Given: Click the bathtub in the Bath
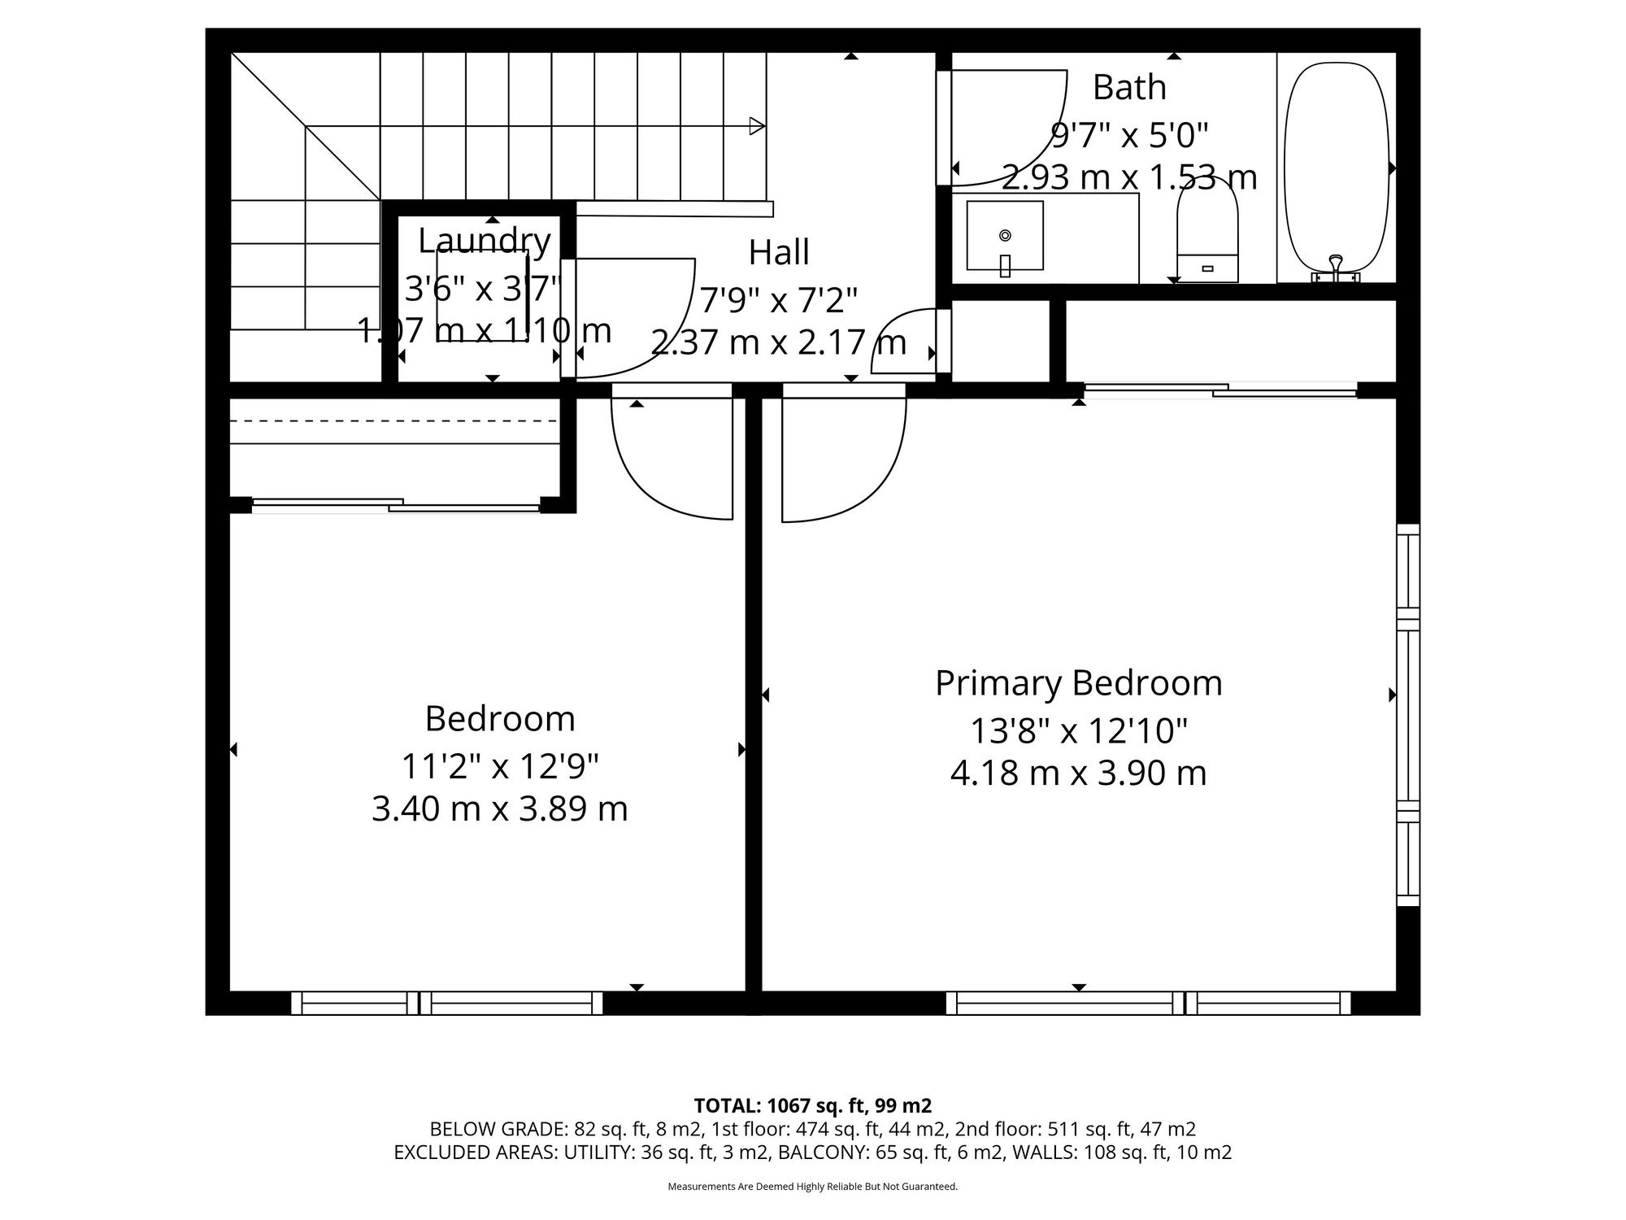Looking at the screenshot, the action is click(1337, 168).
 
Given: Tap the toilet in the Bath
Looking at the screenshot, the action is click(1207, 231).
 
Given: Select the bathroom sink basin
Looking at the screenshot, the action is click(1005, 236).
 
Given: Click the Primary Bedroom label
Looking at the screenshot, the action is click(1079, 683).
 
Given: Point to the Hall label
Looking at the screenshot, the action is click(779, 252).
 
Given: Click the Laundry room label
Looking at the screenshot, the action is click(485, 242).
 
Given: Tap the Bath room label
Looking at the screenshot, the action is click(1129, 87).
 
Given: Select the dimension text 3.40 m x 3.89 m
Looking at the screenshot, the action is click(500, 809).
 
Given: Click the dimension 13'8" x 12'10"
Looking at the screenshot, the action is click(1079, 730).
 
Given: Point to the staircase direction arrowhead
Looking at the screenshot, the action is click(758, 126).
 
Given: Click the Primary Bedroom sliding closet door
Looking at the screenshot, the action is click(1220, 390).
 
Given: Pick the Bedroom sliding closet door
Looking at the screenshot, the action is click(396, 505).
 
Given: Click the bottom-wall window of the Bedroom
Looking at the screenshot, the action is click(447, 1003).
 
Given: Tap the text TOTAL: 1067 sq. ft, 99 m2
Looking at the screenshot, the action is click(813, 1106).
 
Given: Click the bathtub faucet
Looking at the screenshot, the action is click(1335, 268).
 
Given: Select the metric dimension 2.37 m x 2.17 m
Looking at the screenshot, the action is click(779, 342).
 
